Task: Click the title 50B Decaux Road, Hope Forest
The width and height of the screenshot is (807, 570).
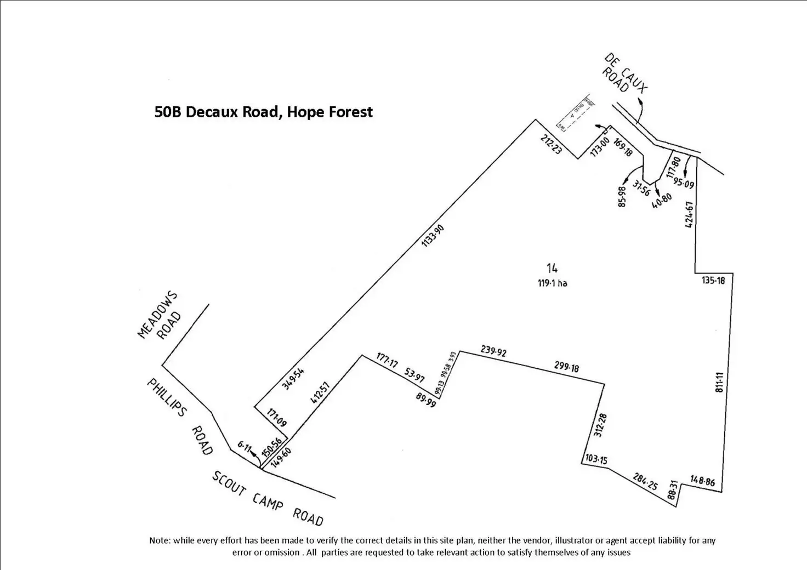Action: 264,112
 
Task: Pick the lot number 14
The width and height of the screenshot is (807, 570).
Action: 552,268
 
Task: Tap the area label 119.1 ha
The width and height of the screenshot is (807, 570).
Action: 552,283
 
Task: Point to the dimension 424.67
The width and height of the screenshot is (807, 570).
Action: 690,214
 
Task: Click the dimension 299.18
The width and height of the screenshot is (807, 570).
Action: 566,367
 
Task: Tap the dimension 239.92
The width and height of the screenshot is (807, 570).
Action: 493,351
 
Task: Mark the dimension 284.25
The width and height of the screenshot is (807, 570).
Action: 644,481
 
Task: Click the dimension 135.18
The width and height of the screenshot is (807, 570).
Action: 713,281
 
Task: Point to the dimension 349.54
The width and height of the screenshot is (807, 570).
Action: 293,378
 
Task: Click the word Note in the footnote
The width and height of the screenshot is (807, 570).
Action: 160,540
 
